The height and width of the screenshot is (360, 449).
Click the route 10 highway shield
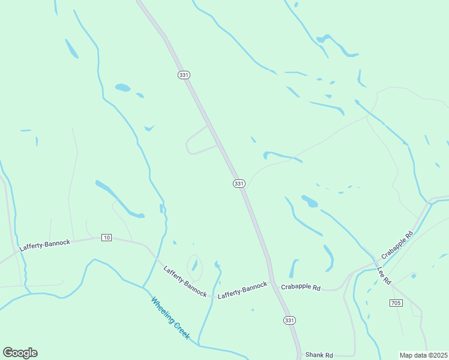click(106, 238)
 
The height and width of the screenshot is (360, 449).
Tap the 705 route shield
click(395, 303)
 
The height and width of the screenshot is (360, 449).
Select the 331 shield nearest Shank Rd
click(290, 320)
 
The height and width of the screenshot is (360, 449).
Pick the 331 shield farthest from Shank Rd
click(184, 74)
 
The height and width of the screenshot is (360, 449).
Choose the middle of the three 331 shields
click(239, 183)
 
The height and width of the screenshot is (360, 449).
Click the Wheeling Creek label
click(170, 318)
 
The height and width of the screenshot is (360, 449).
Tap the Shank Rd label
click(319, 355)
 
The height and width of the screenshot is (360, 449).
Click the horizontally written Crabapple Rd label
click(301, 287)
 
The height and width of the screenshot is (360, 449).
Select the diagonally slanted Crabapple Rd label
click(397, 244)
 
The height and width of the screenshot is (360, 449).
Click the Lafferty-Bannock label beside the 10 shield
click(45, 245)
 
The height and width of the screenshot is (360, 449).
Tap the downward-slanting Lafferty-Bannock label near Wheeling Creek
click(185, 281)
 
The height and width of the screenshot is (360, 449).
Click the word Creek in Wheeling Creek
click(181, 329)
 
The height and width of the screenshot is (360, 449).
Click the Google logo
click(20, 353)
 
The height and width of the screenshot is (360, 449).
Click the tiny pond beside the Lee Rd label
click(413, 276)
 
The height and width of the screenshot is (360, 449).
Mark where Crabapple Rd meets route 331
click(271, 283)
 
